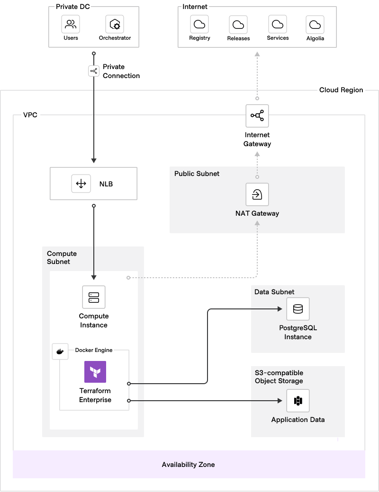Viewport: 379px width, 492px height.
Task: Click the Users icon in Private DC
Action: pyautogui.click(x=71, y=24)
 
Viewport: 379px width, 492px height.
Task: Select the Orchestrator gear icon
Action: pyautogui.click(x=115, y=24)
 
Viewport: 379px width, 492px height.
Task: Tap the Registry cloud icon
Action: pyautogui.click(x=199, y=24)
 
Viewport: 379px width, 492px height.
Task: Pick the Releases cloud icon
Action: pyautogui.click(x=238, y=24)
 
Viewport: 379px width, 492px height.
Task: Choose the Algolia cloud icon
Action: pyautogui.click(x=315, y=24)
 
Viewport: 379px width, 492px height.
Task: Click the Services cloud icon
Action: pyautogui.click(x=278, y=24)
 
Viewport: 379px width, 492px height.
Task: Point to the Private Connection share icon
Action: pyautogui.click(x=94, y=71)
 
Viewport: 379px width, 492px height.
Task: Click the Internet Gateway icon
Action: pyautogui.click(x=257, y=116)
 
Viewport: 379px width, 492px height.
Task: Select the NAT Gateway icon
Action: pyautogui.click(x=257, y=194)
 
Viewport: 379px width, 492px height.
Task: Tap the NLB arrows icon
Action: pyautogui.click(x=81, y=184)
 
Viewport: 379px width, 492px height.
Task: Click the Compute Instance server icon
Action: pyautogui.click(x=94, y=297)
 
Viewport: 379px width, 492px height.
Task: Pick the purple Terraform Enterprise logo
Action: pyautogui.click(x=95, y=372)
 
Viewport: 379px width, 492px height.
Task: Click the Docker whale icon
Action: pyautogui.click(x=60, y=351)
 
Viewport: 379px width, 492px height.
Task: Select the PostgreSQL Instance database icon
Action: pyautogui.click(x=298, y=309)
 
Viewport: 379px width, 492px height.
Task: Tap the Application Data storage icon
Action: pyautogui.click(x=298, y=401)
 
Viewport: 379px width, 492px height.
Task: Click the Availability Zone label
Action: pyautogui.click(x=188, y=465)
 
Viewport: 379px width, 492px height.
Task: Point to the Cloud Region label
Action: pyautogui.click(x=341, y=90)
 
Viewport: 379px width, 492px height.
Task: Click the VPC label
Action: pyautogui.click(x=30, y=114)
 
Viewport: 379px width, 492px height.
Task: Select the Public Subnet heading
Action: pyautogui.click(x=197, y=174)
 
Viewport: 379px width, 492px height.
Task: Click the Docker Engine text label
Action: pyautogui.click(x=94, y=350)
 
